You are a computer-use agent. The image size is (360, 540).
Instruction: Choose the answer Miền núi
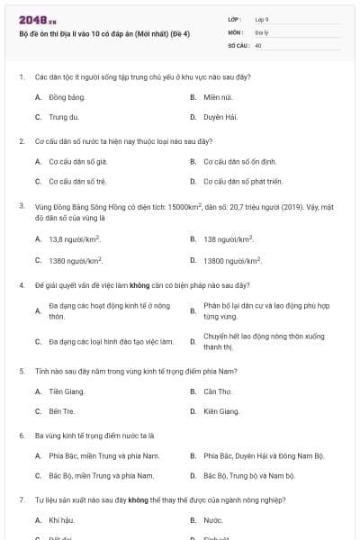(217, 94)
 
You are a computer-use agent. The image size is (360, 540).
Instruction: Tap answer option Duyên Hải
(219, 117)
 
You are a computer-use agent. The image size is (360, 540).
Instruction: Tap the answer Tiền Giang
(64, 391)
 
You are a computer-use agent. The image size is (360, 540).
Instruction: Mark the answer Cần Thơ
(217, 391)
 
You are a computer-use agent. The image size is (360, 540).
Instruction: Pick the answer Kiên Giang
(221, 411)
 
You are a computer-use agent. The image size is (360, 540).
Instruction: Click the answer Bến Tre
(60, 411)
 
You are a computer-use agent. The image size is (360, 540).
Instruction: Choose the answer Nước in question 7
(212, 520)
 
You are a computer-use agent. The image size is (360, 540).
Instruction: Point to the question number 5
(21, 370)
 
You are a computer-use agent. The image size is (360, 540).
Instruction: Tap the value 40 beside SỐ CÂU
(258, 44)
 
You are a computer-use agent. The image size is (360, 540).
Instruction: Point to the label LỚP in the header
(235, 19)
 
